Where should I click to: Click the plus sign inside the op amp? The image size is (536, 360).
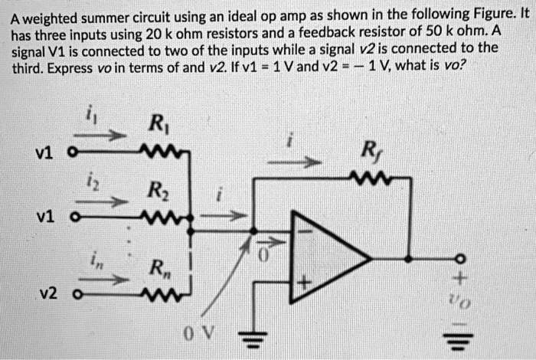pos(304,283)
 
